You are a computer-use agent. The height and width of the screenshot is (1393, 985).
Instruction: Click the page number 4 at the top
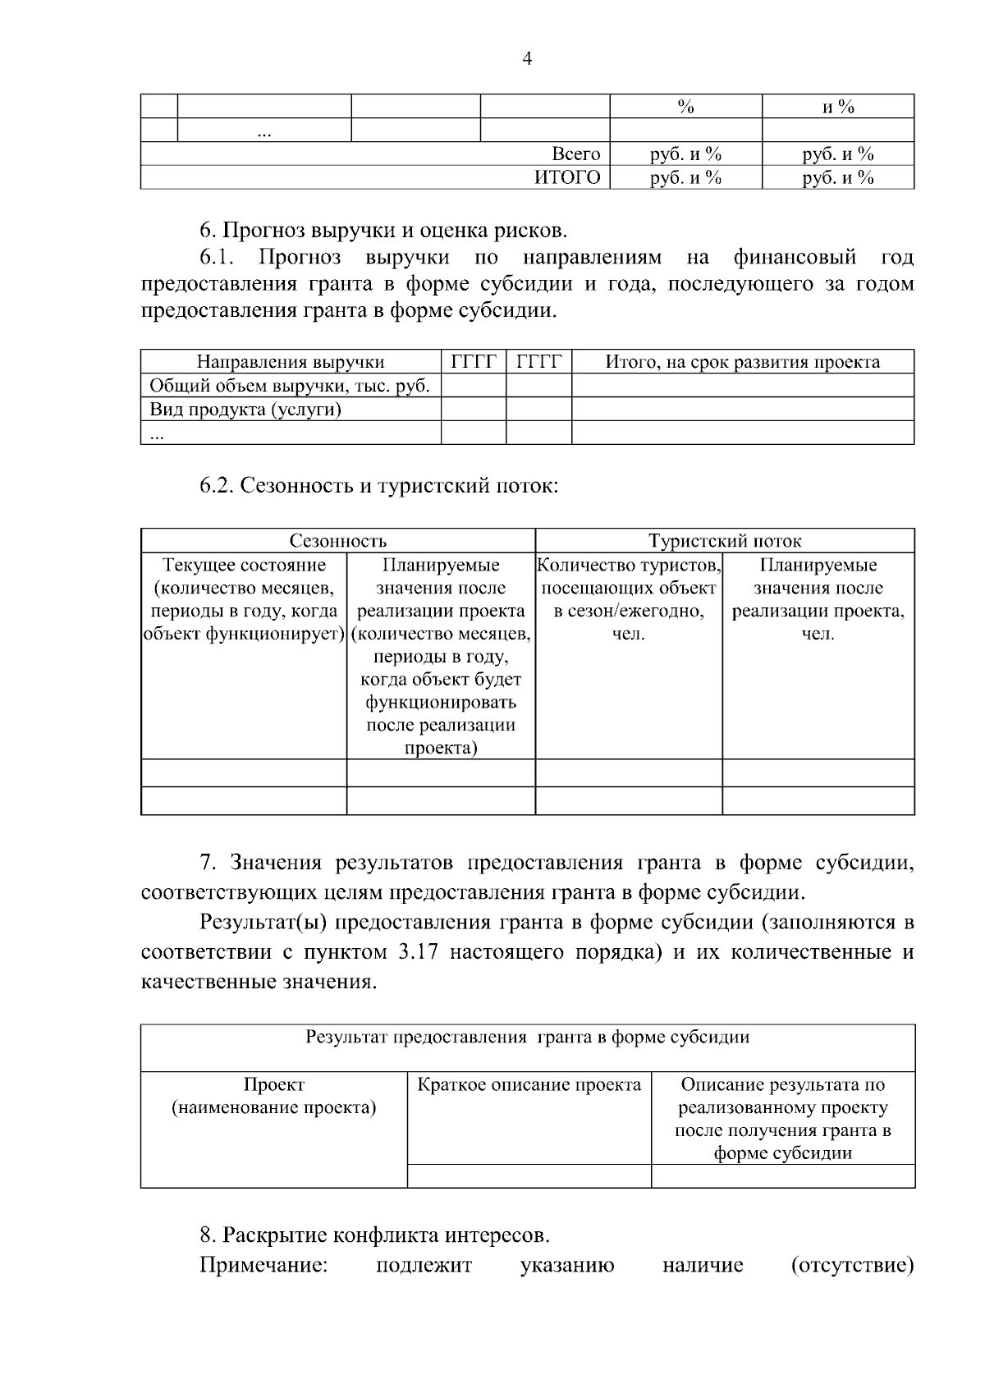(x=527, y=58)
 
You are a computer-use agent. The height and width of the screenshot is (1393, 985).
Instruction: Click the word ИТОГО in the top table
(x=567, y=177)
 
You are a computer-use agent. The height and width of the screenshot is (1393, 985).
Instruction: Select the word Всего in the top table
(x=575, y=154)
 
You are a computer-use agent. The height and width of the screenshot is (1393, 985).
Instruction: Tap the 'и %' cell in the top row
(x=838, y=107)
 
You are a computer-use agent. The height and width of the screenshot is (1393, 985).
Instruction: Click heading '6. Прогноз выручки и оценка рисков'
(x=383, y=230)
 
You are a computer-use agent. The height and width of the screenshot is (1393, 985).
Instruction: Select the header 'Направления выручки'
(x=291, y=362)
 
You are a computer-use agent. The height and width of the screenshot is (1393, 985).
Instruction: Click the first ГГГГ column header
(x=474, y=362)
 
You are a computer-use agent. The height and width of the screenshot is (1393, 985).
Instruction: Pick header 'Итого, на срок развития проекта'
(x=742, y=362)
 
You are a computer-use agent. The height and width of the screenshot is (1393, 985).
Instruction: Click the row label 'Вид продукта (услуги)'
(x=245, y=409)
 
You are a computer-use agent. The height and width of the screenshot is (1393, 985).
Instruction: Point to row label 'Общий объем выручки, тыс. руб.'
(x=290, y=386)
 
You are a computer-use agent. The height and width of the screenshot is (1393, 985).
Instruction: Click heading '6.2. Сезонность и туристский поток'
(x=378, y=485)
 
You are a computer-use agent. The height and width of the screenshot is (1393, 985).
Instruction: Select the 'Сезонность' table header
(x=337, y=541)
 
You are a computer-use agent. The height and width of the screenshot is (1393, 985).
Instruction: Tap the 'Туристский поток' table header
(x=725, y=541)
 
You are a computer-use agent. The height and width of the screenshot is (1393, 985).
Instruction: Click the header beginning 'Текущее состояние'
(x=244, y=599)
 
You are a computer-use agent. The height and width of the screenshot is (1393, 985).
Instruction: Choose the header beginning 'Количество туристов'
(x=629, y=599)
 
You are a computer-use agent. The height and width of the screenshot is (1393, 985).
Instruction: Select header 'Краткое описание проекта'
(x=529, y=1085)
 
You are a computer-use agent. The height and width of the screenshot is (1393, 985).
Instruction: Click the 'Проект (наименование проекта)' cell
(x=273, y=1097)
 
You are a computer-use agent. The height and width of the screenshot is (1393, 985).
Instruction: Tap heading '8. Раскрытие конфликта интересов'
(x=374, y=1235)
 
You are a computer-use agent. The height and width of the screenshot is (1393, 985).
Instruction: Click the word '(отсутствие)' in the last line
(x=852, y=1265)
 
